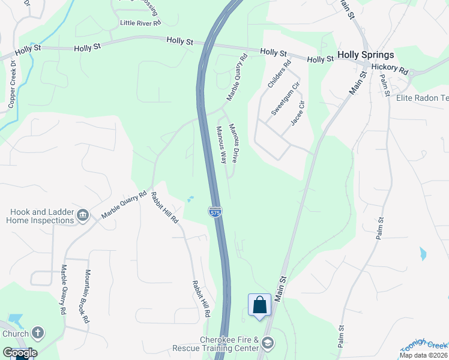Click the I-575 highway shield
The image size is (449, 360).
(x=214, y=212)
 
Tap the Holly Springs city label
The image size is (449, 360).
(x=366, y=55)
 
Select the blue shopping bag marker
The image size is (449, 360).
(x=260, y=304)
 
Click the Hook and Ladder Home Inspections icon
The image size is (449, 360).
(x=83, y=215)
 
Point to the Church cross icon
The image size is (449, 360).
(x=37, y=333)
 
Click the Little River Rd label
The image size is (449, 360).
(x=140, y=23)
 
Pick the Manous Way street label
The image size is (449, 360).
(x=221, y=145)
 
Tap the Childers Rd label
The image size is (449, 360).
(x=279, y=74)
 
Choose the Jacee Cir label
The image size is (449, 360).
(x=298, y=113)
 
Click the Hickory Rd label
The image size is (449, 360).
(x=389, y=68)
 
